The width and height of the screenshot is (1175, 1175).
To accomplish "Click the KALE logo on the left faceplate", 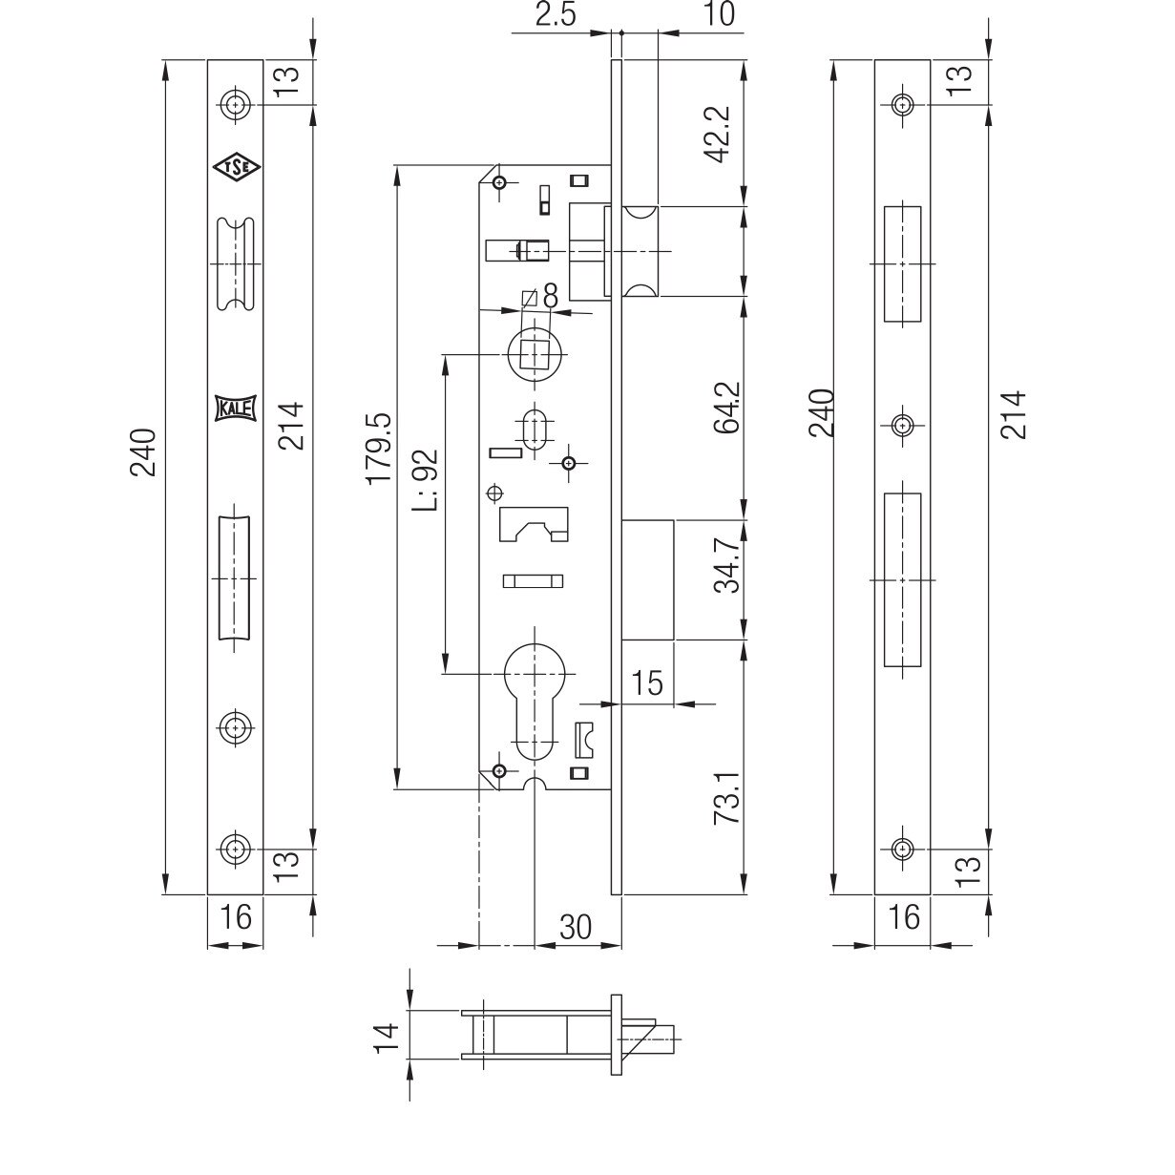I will point(234,408).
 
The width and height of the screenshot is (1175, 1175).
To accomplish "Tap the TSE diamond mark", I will point(234,168).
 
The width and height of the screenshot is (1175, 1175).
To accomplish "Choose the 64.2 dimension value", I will point(727,409).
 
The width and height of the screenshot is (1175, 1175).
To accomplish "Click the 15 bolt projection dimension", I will point(646,682).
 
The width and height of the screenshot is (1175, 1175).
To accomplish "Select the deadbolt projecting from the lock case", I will point(649,579).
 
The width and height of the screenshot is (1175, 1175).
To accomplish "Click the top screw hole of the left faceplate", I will point(234,104).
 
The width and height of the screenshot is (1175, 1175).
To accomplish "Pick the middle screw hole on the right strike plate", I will point(901,424).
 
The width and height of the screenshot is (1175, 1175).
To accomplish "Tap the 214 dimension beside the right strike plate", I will point(1014,413).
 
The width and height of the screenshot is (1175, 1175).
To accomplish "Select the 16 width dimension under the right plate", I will point(902,917).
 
